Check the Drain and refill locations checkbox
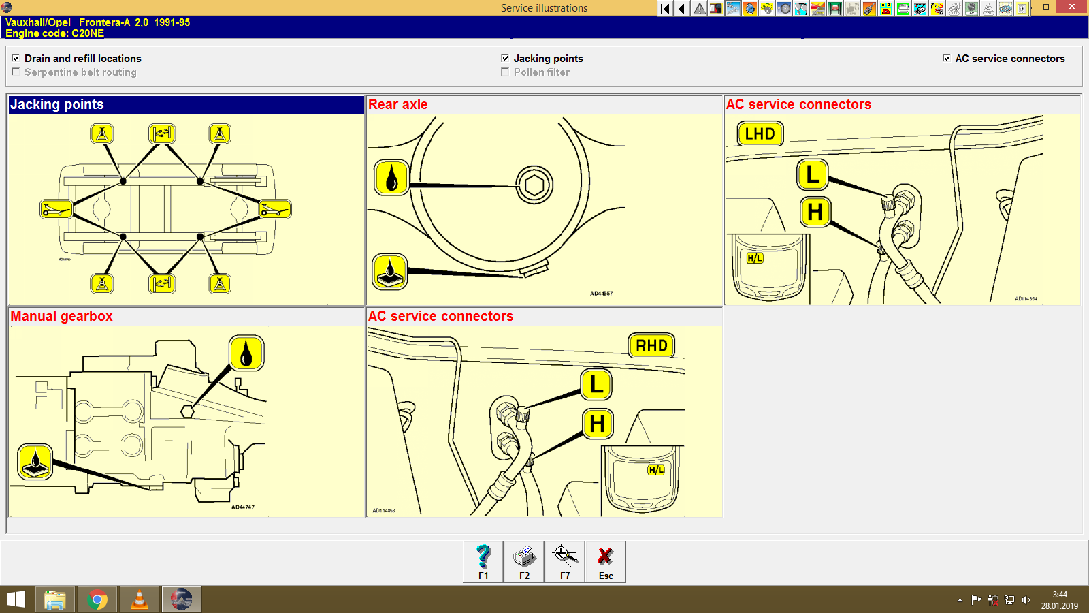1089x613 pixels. click(x=16, y=58)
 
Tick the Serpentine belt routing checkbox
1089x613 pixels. click(x=16, y=72)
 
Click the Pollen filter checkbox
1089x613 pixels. click(x=505, y=72)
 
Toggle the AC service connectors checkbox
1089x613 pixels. click(x=947, y=58)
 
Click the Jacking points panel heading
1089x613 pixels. click(x=57, y=104)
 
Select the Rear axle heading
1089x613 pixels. click(x=398, y=104)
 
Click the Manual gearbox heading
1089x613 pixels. click(x=62, y=316)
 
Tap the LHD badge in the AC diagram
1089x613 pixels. click(x=760, y=133)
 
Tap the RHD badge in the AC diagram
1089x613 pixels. click(x=651, y=345)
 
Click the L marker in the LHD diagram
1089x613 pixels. click(x=812, y=174)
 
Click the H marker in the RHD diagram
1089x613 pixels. click(x=598, y=424)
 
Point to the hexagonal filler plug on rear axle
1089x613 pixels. click(x=534, y=185)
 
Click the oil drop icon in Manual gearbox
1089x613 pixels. click(x=246, y=353)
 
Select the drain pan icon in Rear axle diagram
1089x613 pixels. click(x=390, y=272)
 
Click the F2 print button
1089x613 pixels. click(x=524, y=561)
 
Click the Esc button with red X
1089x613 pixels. click(x=605, y=561)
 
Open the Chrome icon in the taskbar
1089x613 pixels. click(x=97, y=599)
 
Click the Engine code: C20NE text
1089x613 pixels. click(x=55, y=33)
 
